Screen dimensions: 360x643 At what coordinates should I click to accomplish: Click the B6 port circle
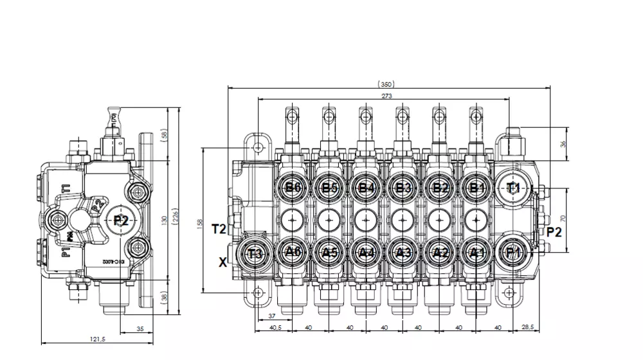coord(293,188)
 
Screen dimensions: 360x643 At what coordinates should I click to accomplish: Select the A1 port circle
coord(476,252)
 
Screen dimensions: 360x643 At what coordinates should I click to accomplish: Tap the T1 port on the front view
coord(513,188)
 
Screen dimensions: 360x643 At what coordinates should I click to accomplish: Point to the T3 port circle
coord(256,252)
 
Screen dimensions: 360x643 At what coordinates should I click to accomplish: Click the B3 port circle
coord(403,188)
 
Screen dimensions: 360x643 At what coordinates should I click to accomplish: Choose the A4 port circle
coord(367,252)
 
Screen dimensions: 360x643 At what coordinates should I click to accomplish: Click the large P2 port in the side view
coord(122,220)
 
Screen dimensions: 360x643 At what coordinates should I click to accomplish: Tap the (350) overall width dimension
coord(386,84)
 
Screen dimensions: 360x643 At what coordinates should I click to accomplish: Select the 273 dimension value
coord(386,96)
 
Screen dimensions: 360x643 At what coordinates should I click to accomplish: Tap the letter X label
coord(222,262)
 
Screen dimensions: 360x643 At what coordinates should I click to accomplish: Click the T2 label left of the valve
coord(219,229)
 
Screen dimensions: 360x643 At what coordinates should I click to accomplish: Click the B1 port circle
coord(476,188)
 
